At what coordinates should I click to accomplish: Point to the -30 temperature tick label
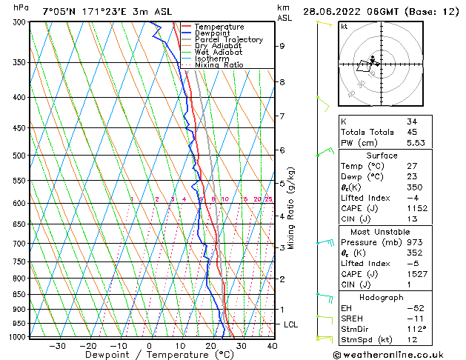pyautogui.click(x=57, y=345)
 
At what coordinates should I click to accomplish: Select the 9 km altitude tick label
pyautogui.click(x=282, y=46)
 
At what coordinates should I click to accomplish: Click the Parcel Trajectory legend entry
pyautogui.click(x=228, y=40)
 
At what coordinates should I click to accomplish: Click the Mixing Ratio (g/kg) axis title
pyautogui.click(x=292, y=208)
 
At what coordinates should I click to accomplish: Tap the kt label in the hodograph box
pyautogui.click(x=344, y=26)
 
